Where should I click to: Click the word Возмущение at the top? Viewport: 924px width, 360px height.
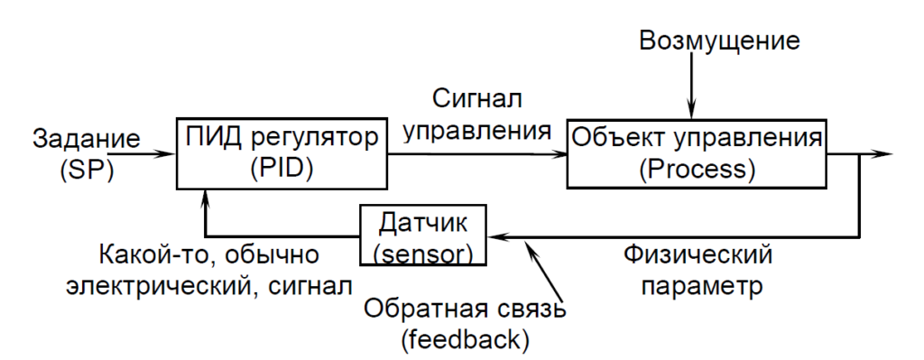tap(718, 41)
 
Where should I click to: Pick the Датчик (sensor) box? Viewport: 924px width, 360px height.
tap(422, 236)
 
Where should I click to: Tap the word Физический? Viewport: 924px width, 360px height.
tap(698, 255)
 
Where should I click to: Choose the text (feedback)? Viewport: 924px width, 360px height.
tap(464, 340)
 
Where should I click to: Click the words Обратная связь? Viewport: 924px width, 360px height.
tap(464, 309)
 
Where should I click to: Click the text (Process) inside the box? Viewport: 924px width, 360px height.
tap(697, 170)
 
